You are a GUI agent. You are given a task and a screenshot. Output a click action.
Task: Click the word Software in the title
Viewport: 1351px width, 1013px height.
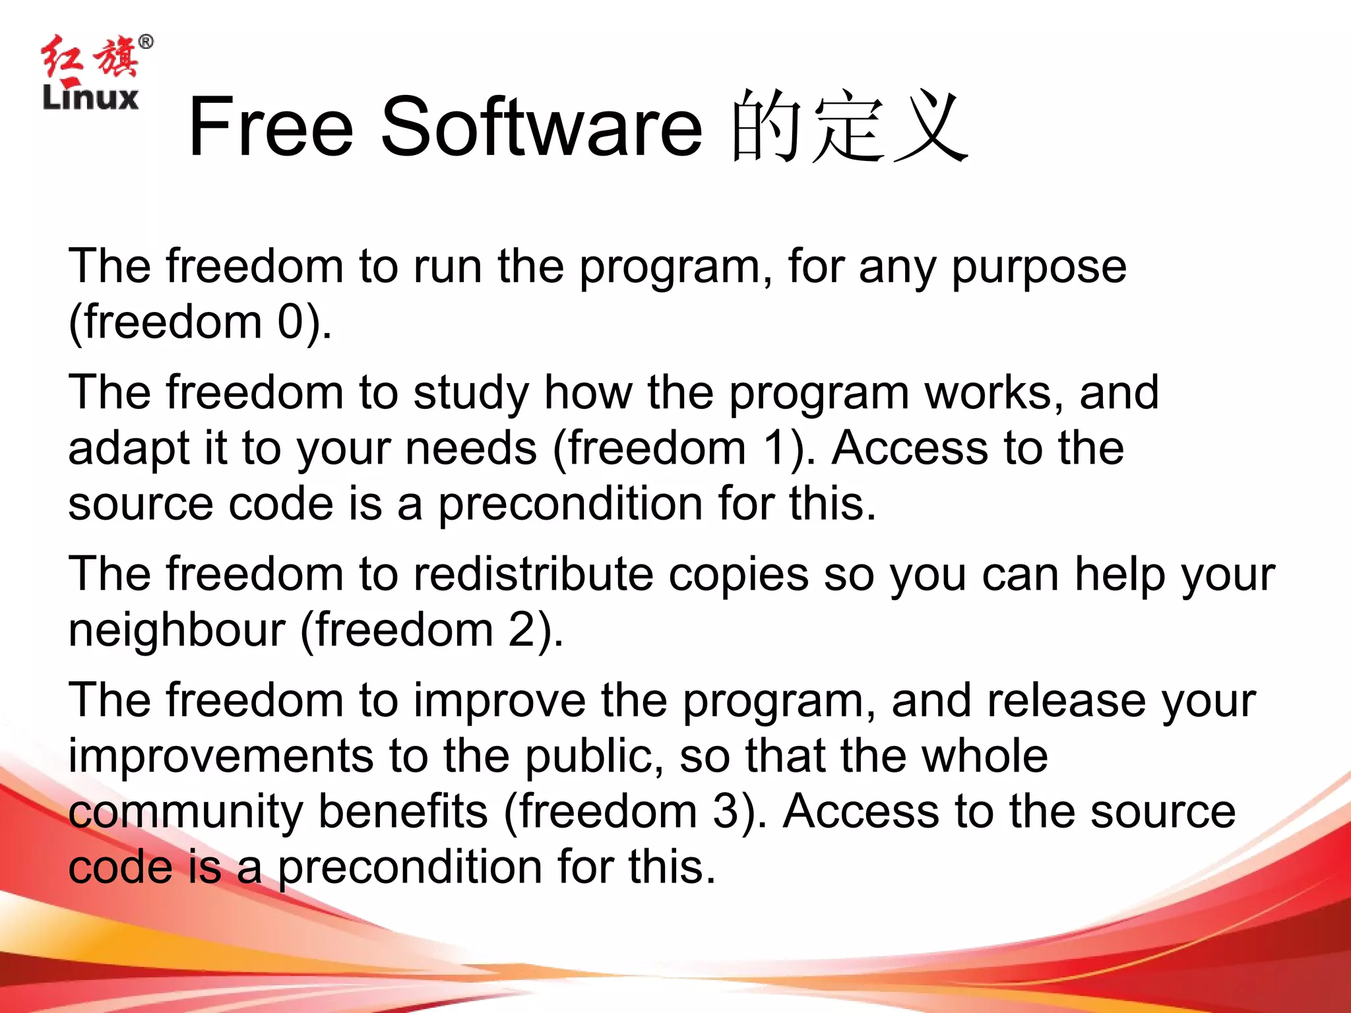542,127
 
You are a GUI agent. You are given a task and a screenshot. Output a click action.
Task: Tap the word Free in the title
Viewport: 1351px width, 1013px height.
271,127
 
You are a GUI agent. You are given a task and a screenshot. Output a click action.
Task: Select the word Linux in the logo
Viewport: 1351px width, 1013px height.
90,98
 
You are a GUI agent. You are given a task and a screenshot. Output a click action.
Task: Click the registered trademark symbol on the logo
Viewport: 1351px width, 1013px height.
146,42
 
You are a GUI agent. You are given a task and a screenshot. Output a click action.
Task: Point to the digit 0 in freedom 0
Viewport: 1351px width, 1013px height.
290,322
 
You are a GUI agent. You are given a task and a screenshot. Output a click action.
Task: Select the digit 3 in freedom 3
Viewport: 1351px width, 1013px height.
726,811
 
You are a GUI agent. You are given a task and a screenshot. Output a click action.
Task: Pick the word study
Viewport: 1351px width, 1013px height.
471,394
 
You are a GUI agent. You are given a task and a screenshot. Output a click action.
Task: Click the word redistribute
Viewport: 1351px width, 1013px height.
533,574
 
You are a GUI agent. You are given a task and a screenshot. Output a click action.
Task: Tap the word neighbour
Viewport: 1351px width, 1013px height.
177,630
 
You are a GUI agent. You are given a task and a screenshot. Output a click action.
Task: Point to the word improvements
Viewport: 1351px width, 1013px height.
221,756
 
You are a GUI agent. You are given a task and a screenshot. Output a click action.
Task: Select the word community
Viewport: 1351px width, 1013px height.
185,812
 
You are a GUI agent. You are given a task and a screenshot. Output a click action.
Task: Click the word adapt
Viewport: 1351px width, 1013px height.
129,449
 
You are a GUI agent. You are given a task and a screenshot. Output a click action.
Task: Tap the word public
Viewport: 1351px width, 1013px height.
594,756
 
